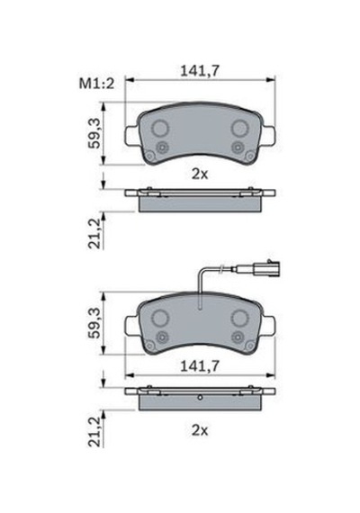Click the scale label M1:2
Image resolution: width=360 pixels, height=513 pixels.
[96, 84]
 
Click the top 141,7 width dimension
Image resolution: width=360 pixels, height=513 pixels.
[199, 71]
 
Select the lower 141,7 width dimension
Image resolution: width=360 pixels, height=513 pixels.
[199, 366]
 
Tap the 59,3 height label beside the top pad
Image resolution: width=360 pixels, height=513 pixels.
[94, 134]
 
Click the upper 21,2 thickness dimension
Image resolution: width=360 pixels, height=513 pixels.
[94, 234]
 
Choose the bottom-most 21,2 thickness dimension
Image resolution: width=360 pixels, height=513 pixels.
[94, 432]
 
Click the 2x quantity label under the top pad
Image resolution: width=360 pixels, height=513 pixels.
[200, 175]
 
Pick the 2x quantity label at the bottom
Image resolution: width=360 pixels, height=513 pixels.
[200, 430]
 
